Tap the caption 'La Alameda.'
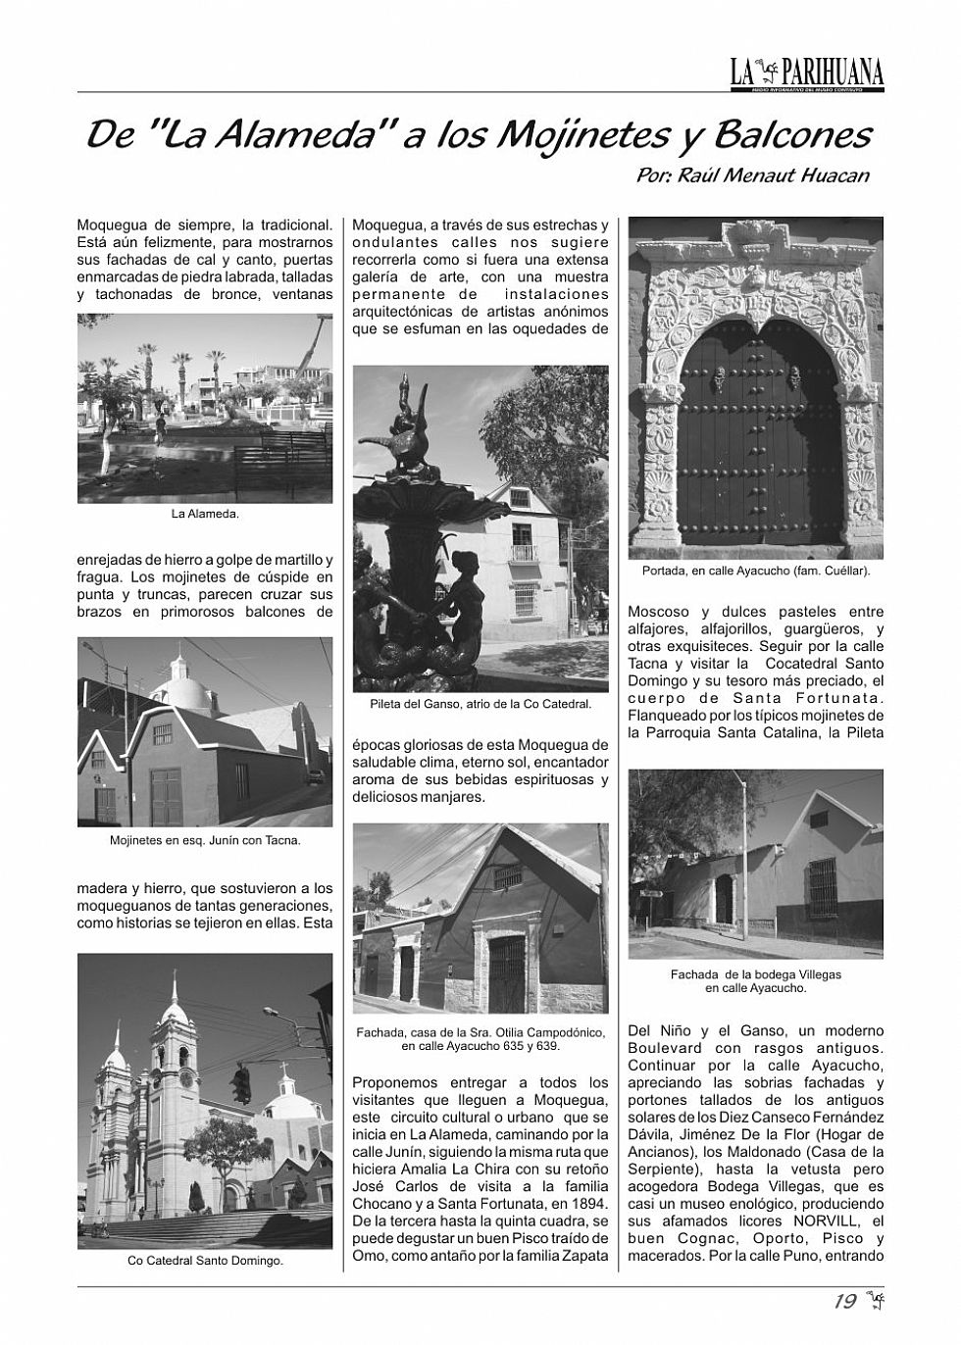205,513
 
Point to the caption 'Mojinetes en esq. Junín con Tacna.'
205,840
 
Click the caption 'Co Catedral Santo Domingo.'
205,1261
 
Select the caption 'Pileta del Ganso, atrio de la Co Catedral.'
480,703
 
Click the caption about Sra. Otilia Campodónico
480,1039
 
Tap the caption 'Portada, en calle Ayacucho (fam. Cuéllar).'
756,570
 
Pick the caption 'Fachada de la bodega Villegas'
756,974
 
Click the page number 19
844,1302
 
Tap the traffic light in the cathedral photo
241,1083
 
